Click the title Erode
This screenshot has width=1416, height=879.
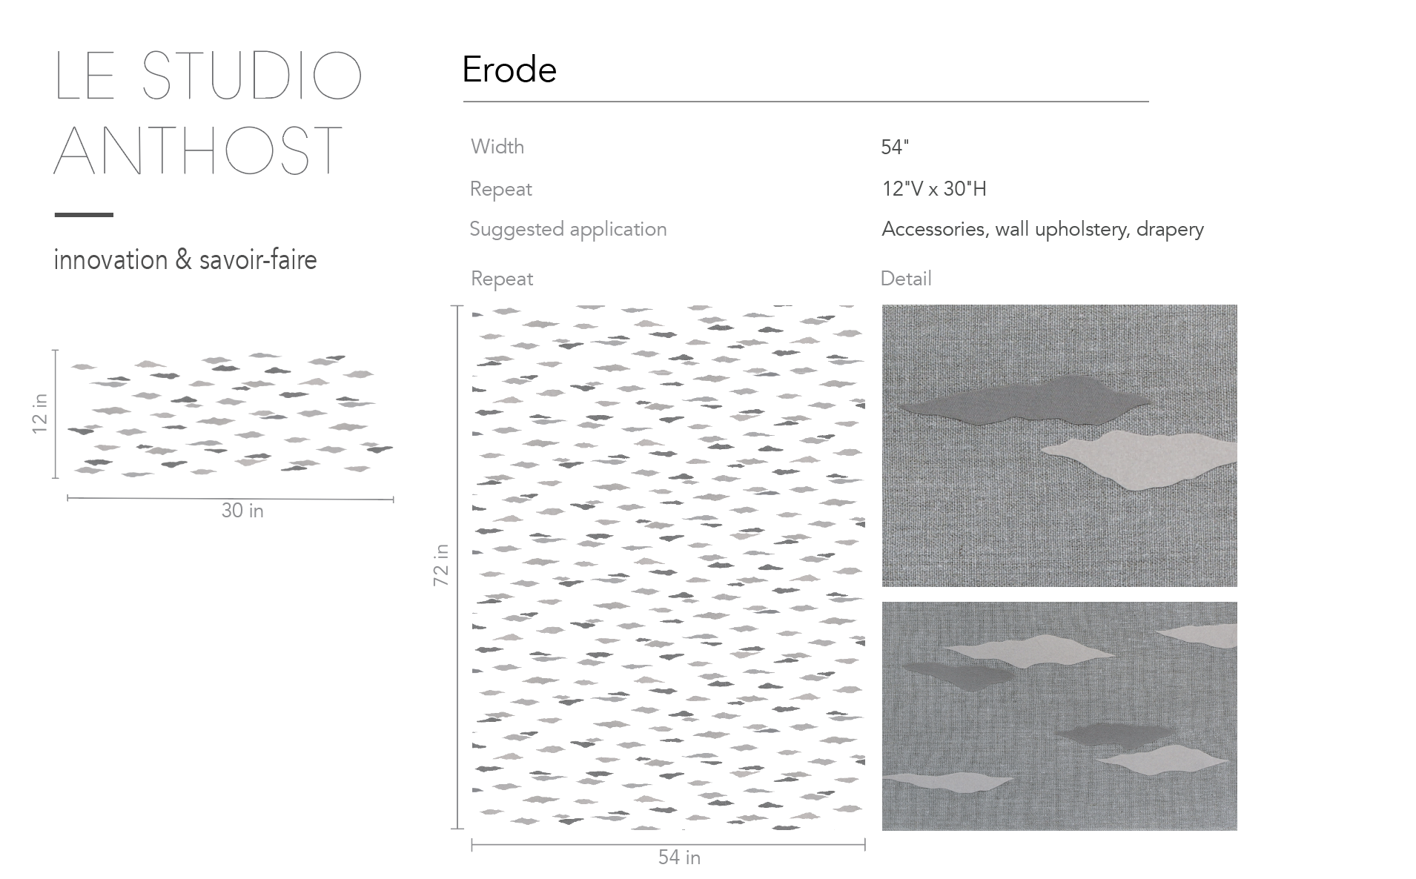[x=509, y=70]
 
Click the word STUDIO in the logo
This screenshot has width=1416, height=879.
[x=251, y=76]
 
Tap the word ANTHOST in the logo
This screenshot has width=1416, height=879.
[x=198, y=150]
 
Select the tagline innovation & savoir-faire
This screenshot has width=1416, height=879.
[x=185, y=260]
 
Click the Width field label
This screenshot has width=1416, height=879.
[x=497, y=147]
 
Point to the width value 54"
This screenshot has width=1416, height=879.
[x=895, y=147]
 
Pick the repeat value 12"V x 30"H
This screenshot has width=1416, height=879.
[x=934, y=189]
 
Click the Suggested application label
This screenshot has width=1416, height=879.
[x=568, y=230]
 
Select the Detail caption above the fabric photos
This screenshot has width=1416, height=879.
[x=906, y=279]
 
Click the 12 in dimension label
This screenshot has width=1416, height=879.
[x=40, y=414]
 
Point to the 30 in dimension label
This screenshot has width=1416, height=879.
[x=242, y=511]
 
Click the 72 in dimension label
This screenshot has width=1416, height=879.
[x=441, y=565]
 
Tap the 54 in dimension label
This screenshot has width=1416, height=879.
[x=679, y=858]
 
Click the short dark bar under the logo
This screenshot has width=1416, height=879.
[x=84, y=215]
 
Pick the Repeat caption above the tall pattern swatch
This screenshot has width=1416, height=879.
[x=502, y=279]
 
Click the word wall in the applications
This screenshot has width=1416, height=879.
[x=1011, y=229]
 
